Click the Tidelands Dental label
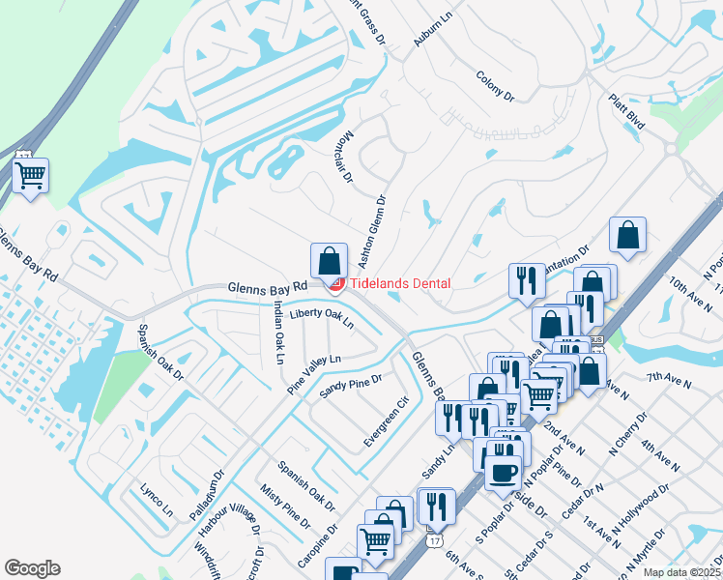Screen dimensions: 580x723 399,283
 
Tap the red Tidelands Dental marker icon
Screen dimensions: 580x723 337,282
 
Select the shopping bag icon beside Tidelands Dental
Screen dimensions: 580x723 329,261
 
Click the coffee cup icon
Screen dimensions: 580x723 502,474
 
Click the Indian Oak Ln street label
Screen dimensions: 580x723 277,333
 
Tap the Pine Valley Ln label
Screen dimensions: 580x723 314,372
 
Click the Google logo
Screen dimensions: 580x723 33,568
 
